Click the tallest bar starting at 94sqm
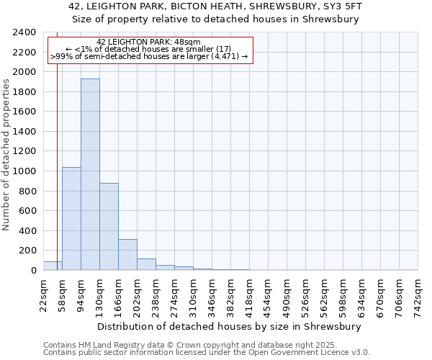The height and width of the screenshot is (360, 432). coord(90,174)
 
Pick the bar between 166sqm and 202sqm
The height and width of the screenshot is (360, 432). coord(127,254)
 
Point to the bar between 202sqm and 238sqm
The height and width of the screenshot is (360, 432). coord(146,264)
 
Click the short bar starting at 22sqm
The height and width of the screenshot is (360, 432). coord(53,266)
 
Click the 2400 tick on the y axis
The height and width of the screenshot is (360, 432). coord(24,32)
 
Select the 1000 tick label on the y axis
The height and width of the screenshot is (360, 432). coord(24,171)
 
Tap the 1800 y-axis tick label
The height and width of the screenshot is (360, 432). coord(24,92)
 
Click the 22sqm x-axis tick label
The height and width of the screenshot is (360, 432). coord(44,294)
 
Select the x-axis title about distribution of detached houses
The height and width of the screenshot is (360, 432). coord(230,326)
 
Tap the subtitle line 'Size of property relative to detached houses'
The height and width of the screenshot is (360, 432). coord(215,19)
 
